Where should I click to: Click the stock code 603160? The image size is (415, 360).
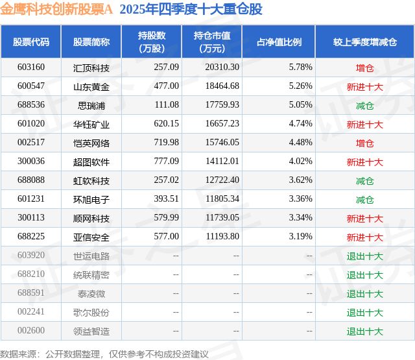[x=32, y=67]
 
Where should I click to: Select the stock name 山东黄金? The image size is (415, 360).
[x=91, y=86]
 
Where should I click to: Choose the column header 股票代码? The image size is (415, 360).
[x=31, y=42]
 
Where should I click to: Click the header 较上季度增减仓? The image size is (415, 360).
[x=365, y=42]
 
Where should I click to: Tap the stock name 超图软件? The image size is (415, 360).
[x=91, y=162]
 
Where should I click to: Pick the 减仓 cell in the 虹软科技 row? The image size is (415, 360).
[x=365, y=180]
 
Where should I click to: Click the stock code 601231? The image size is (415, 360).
[x=32, y=199]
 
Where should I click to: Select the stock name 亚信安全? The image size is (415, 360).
[x=91, y=237]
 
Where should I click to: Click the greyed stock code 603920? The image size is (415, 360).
[x=32, y=256]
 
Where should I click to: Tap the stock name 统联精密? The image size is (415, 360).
[x=91, y=275]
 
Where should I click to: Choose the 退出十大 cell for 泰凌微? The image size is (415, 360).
[x=365, y=294]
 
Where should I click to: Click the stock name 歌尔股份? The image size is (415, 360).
[x=91, y=313]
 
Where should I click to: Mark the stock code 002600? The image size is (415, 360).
[x=32, y=331]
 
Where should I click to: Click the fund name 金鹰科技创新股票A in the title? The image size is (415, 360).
[x=58, y=9]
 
